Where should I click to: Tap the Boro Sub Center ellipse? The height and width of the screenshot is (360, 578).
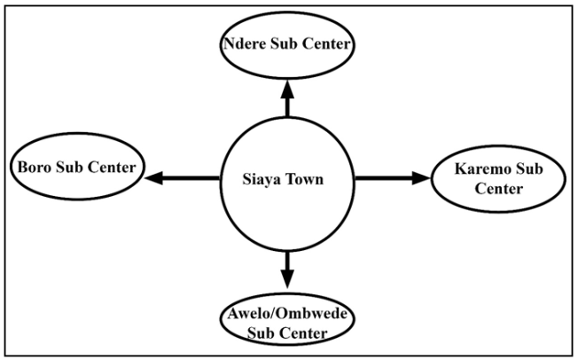[x=76, y=167]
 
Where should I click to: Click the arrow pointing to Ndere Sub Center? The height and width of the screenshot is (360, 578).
[x=286, y=98]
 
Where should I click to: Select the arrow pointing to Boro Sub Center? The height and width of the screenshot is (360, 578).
[x=183, y=178]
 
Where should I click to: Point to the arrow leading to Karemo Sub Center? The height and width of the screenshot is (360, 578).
[x=391, y=178]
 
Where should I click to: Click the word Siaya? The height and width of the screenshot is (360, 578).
[x=262, y=180]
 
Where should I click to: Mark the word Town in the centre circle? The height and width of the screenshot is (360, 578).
[x=305, y=180]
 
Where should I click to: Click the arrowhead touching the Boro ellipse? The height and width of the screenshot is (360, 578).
[x=155, y=178]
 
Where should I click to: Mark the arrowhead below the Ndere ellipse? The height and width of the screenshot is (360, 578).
[x=286, y=84]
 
